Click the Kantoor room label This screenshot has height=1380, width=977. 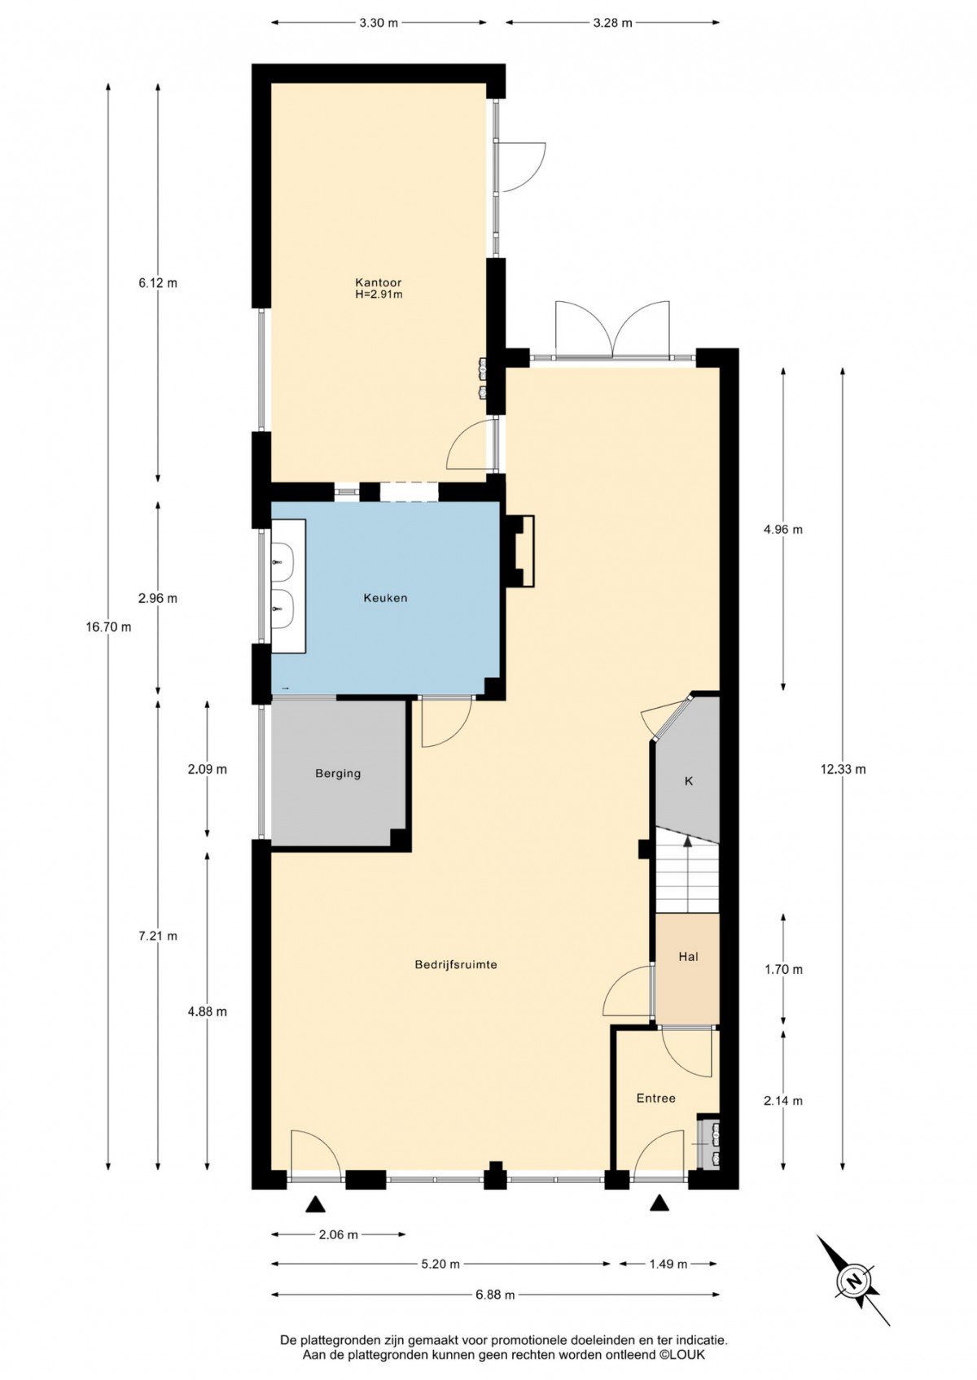pyautogui.click(x=378, y=282)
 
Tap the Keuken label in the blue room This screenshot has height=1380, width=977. pyautogui.click(x=385, y=597)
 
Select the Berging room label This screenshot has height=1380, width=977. pyautogui.click(x=338, y=774)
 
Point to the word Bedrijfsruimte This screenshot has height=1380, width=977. pyautogui.click(x=456, y=965)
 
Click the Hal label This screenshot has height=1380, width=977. pyautogui.click(x=688, y=957)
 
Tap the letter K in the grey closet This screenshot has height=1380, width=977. pyautogui.click(x=689, y=781)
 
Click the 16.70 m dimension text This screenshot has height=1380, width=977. pyautogui.click(x=108, y=627)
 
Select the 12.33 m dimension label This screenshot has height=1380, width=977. pyautogui.click(x=843, y=769)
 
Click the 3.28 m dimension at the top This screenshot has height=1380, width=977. pyautogui.click(x=613, y=24)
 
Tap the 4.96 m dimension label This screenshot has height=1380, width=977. pyautogui.click(x=783, y=529)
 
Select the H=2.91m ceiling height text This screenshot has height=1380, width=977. pyautogui.click(x=379, y=295)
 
